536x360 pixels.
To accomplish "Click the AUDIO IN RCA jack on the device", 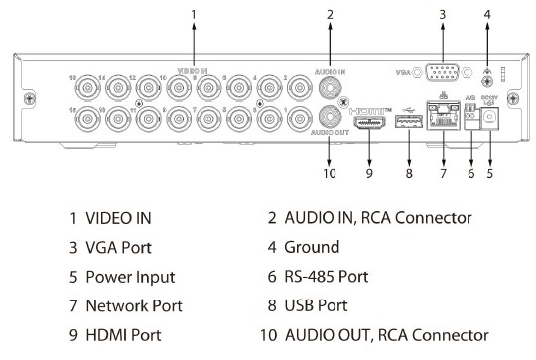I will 329,86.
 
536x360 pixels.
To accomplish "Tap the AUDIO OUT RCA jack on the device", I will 329,114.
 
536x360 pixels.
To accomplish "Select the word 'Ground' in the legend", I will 312,246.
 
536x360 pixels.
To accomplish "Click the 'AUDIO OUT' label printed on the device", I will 329,131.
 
